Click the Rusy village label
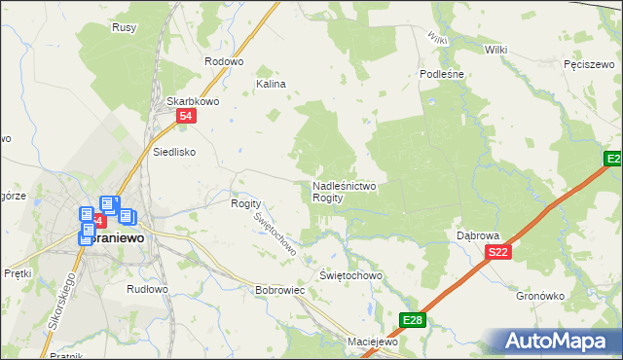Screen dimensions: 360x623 coord(124,27)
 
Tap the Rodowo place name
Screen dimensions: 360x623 coord(223,61)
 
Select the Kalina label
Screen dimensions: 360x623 coord(271,85)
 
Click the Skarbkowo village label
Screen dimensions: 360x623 coord(191,101)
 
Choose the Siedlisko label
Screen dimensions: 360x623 coord(175,152)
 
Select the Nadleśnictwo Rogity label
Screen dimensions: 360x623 coord(345,191)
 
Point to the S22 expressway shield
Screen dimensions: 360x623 coord(497,253)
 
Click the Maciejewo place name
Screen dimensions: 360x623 coord(374,342)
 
